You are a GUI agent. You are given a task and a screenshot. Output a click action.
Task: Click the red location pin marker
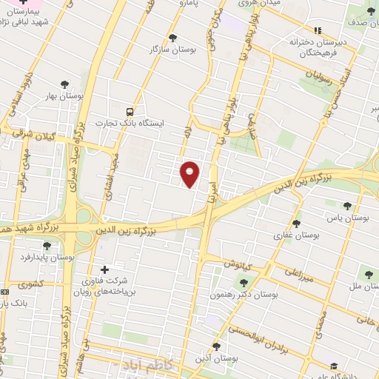coord(190,173)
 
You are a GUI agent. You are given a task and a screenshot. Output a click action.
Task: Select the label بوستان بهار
coord(81,96)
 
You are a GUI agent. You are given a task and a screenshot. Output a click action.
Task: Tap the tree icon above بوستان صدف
coord(371,10)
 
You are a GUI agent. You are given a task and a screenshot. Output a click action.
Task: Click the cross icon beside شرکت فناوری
coord(104,269)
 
